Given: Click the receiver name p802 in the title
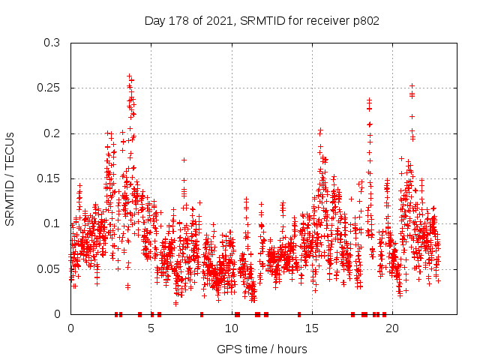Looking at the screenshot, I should click(x=364, y=21).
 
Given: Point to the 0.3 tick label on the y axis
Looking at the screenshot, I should click(x=52, y=43).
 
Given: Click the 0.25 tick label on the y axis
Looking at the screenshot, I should click(x=49, y=88).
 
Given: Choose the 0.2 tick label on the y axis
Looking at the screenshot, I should click(x=52, y=133).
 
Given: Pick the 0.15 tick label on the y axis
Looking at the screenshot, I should click(x=49, y=178).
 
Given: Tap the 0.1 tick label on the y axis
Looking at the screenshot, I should click(x=52, y=223).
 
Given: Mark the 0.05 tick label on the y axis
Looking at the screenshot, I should click(x=49, y=268).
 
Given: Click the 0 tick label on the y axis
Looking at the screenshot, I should click(x=58, y=313).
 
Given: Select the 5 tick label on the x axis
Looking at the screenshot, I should click(x=151, y=328).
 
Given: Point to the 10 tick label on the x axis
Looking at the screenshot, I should click(x=232, y=328).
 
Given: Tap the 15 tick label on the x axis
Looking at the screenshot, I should click(x=312, y=328).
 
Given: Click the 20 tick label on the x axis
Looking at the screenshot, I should click(x=392, y=328).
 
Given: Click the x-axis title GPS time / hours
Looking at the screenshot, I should click(x=262, y=349).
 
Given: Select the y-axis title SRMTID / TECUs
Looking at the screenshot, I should click(x=10, y=178).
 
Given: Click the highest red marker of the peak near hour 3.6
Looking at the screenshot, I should click(x=129, y=76).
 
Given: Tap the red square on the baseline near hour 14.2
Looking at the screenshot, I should click(x=299, y=313).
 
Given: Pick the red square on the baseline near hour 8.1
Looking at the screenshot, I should click(x=202, y=313).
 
